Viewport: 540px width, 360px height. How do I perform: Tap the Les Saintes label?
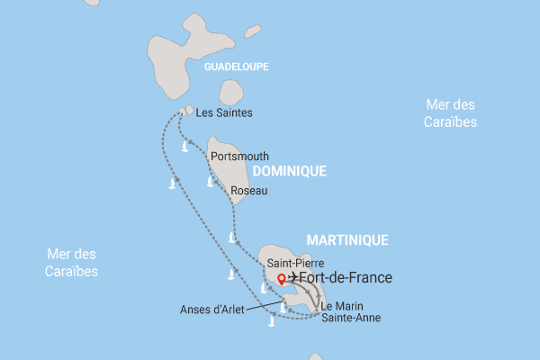point(224,113)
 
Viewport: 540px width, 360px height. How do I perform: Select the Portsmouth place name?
point(239,156)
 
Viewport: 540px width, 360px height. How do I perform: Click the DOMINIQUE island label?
point(289,171)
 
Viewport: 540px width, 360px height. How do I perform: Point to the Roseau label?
point(249,191)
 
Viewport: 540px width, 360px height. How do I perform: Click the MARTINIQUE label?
point(347,240)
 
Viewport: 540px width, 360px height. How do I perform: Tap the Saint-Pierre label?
point(289,263)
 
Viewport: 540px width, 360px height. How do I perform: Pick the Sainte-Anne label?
point(351,318)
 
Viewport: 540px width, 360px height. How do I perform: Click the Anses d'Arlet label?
point(211,310)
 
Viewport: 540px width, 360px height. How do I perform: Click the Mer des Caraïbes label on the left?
point(73,263)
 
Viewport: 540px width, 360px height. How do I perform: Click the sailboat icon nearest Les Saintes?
point(186,146)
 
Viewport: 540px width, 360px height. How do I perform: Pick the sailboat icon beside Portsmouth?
point(211,182)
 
